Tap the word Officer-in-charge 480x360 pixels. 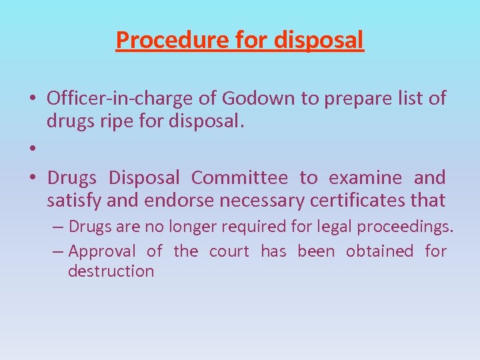click(121, 99)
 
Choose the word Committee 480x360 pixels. click(239, 178)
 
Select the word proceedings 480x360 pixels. click(405, 227)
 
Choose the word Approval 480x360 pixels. click(101, 251)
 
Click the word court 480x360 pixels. click(229, 251)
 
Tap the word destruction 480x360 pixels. click(111, 271)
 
